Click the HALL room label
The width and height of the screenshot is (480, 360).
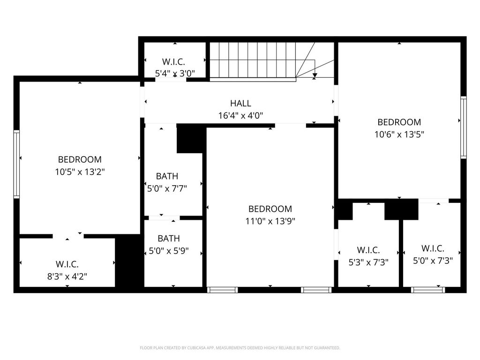coord(240,103)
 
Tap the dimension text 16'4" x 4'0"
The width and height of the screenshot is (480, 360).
coord(240,116)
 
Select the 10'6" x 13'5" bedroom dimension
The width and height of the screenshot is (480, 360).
coord(399,135)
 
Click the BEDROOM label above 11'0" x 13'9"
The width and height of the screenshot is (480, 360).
coord(270,209)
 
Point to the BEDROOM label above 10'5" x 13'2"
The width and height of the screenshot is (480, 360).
coord(80,159)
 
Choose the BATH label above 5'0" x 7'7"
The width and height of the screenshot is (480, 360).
coord(167,176)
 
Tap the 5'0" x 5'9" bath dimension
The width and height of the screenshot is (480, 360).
coord(168,251)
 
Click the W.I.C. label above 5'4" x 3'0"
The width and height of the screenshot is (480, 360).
coord(173,62)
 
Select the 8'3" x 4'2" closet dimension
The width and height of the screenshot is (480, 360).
coord(67,277)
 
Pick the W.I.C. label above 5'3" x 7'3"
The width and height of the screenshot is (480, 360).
coord(368,250)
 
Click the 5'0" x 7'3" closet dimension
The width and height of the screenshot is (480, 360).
coord(433,261)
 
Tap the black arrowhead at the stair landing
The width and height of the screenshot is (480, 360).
coord(315,75)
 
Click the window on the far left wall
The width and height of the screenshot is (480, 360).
coord(16,164)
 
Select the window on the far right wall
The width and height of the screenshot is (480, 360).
coord(464,127)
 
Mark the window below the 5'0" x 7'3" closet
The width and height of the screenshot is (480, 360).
coord(428,290)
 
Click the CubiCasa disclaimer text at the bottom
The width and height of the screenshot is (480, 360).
coord(240,348)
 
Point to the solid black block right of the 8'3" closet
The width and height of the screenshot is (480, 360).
coord(129,261)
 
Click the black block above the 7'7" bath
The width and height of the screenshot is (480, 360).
coord(190,138)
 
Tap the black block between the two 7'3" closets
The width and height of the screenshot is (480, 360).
coord(401,210)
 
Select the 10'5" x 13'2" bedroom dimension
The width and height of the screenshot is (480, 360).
coord(80,172)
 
